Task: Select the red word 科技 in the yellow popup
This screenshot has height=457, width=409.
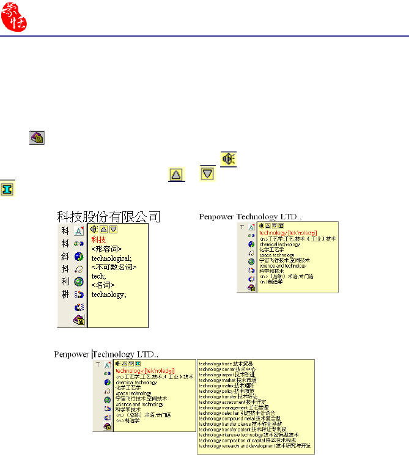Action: pyautogui.click(x=98, y=240)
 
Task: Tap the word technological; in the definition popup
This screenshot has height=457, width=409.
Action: pyautogui.click(x=109, y=258)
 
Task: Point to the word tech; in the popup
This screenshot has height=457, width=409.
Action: pyautogui.click(x=98, y=276)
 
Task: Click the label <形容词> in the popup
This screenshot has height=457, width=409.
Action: pyautogui.click(x=106, y=249)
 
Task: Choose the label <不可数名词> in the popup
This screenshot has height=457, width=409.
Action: pyautogui.click(x=114, y=267)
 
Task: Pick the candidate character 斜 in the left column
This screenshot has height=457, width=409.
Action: pyautogui.click(x=65, y=256)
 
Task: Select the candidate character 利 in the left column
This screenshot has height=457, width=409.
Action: pyautogui.click(x=65, y=282)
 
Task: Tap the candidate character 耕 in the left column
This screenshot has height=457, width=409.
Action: pyautogui.click(x=65, y=294)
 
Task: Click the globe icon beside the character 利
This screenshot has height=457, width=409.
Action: pyautogui.click(x=78, y=282)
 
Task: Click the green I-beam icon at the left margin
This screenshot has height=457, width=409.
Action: pyautogui.click(x=7, y=188)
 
